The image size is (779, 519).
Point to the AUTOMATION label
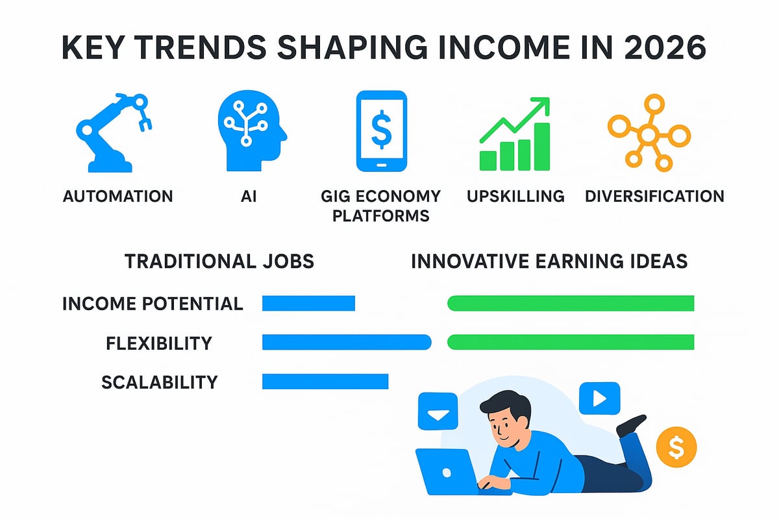(118, 196)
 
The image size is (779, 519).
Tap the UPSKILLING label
(516, 196)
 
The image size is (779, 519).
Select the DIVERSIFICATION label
(654, 196)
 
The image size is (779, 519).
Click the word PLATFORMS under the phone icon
(381, 216)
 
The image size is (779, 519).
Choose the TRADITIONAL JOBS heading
(219, 261)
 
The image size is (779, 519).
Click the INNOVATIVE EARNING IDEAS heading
(549, 261)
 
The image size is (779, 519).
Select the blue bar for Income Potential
(308, 303)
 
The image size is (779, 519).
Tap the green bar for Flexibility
(571, 342)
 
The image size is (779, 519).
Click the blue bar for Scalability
(325, 381)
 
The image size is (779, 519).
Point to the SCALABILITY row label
(159, 382)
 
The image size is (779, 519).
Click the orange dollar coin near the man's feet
(676, 446)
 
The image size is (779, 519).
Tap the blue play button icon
(599, 398)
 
